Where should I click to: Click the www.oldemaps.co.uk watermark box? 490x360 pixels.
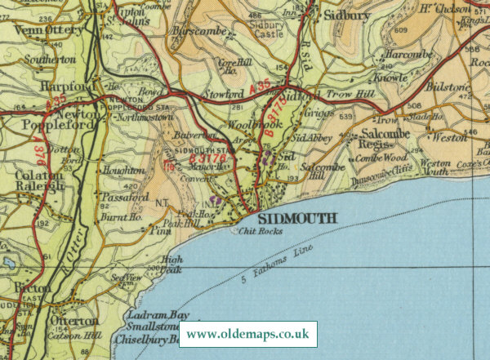coord(248,335)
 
